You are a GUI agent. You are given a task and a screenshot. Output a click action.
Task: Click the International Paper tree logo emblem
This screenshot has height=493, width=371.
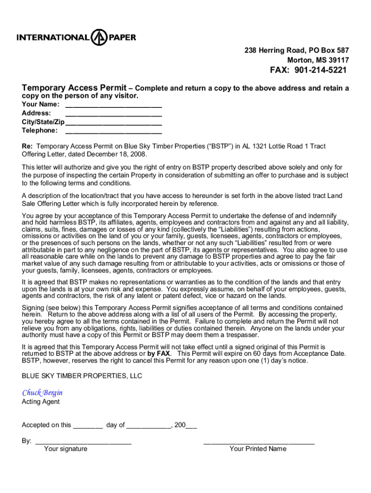point(99,38)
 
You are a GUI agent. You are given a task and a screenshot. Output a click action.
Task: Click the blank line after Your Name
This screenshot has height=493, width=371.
point(113,104)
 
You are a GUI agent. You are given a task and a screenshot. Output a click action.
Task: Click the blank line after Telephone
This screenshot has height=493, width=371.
point(113,130)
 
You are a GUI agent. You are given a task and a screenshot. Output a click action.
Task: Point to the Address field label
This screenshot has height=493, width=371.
point(37,113)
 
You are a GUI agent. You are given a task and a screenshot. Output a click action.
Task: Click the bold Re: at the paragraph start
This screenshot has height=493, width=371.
point(27,146)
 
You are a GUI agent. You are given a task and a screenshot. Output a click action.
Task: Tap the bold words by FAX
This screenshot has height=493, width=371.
point(159,353)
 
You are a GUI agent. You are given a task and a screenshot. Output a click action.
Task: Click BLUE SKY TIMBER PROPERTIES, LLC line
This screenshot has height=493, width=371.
point(82,376)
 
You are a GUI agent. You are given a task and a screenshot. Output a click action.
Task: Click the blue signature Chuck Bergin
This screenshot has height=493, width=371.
point(42,393)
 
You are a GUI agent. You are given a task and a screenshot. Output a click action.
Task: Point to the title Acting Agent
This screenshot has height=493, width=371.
point(41,402)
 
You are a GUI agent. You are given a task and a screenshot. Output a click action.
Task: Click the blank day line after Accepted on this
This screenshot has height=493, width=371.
point(88,426)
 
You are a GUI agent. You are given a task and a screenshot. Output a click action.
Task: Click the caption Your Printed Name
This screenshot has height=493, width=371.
point(258,449)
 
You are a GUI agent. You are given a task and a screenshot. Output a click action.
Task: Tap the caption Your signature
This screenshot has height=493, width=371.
point(66,449)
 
